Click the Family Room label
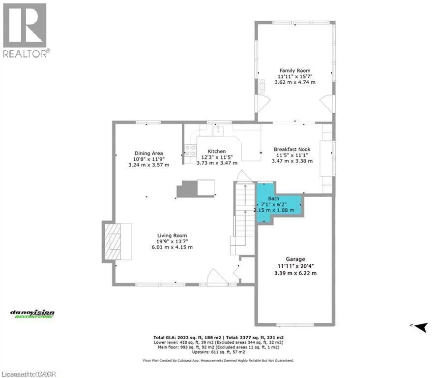tap(295, 70)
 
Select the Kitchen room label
tap(217, 151)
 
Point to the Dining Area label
tap(148, 153)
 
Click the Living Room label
tap(172, 235)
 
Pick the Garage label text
tap(295, 259)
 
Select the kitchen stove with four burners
tap(190, 150)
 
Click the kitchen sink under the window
tap(217, 130)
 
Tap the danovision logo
tap(32, 314)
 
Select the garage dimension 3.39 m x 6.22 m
tap(295, 273)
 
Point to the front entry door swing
tap(216, 277)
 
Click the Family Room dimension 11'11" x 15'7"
tap(295, 76)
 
